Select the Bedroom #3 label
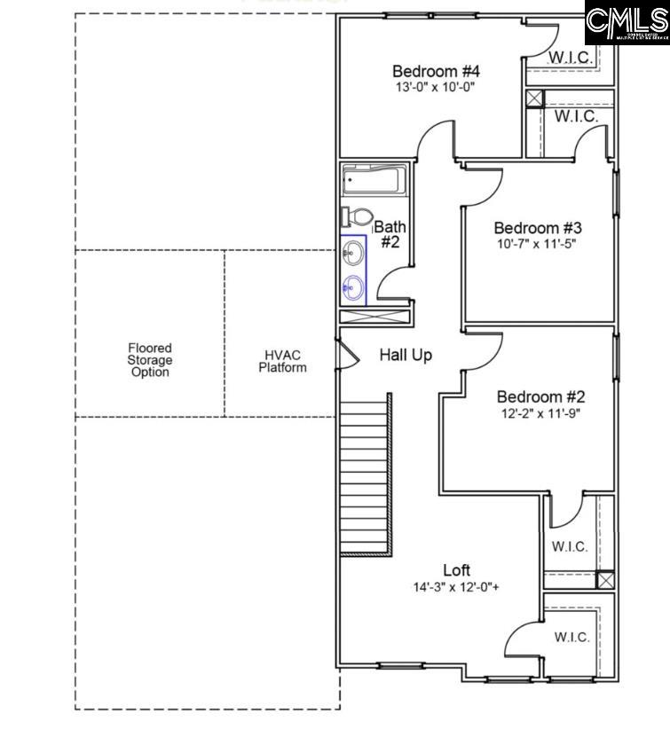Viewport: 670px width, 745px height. [x=538, y=227]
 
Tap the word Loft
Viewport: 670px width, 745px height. [x=457, y=570]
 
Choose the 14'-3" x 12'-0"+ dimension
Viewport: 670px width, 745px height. [x=455, y=587]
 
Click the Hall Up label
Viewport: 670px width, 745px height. [x=406, y=356]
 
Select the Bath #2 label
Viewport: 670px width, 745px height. [x=390, y=234]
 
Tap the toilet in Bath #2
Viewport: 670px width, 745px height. [x=357, y=217]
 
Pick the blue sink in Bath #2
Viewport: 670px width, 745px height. [x=353, y=286]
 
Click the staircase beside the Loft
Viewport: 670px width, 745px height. [x=365, y=475]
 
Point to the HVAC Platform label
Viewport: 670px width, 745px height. [x=283, y=361]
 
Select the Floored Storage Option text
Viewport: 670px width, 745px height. [x=149, y=360]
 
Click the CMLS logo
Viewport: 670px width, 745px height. [x=627, y=24]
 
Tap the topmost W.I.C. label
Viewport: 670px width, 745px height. [x=570, y=58]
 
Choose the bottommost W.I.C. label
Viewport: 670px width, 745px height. [x=572, y=637]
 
